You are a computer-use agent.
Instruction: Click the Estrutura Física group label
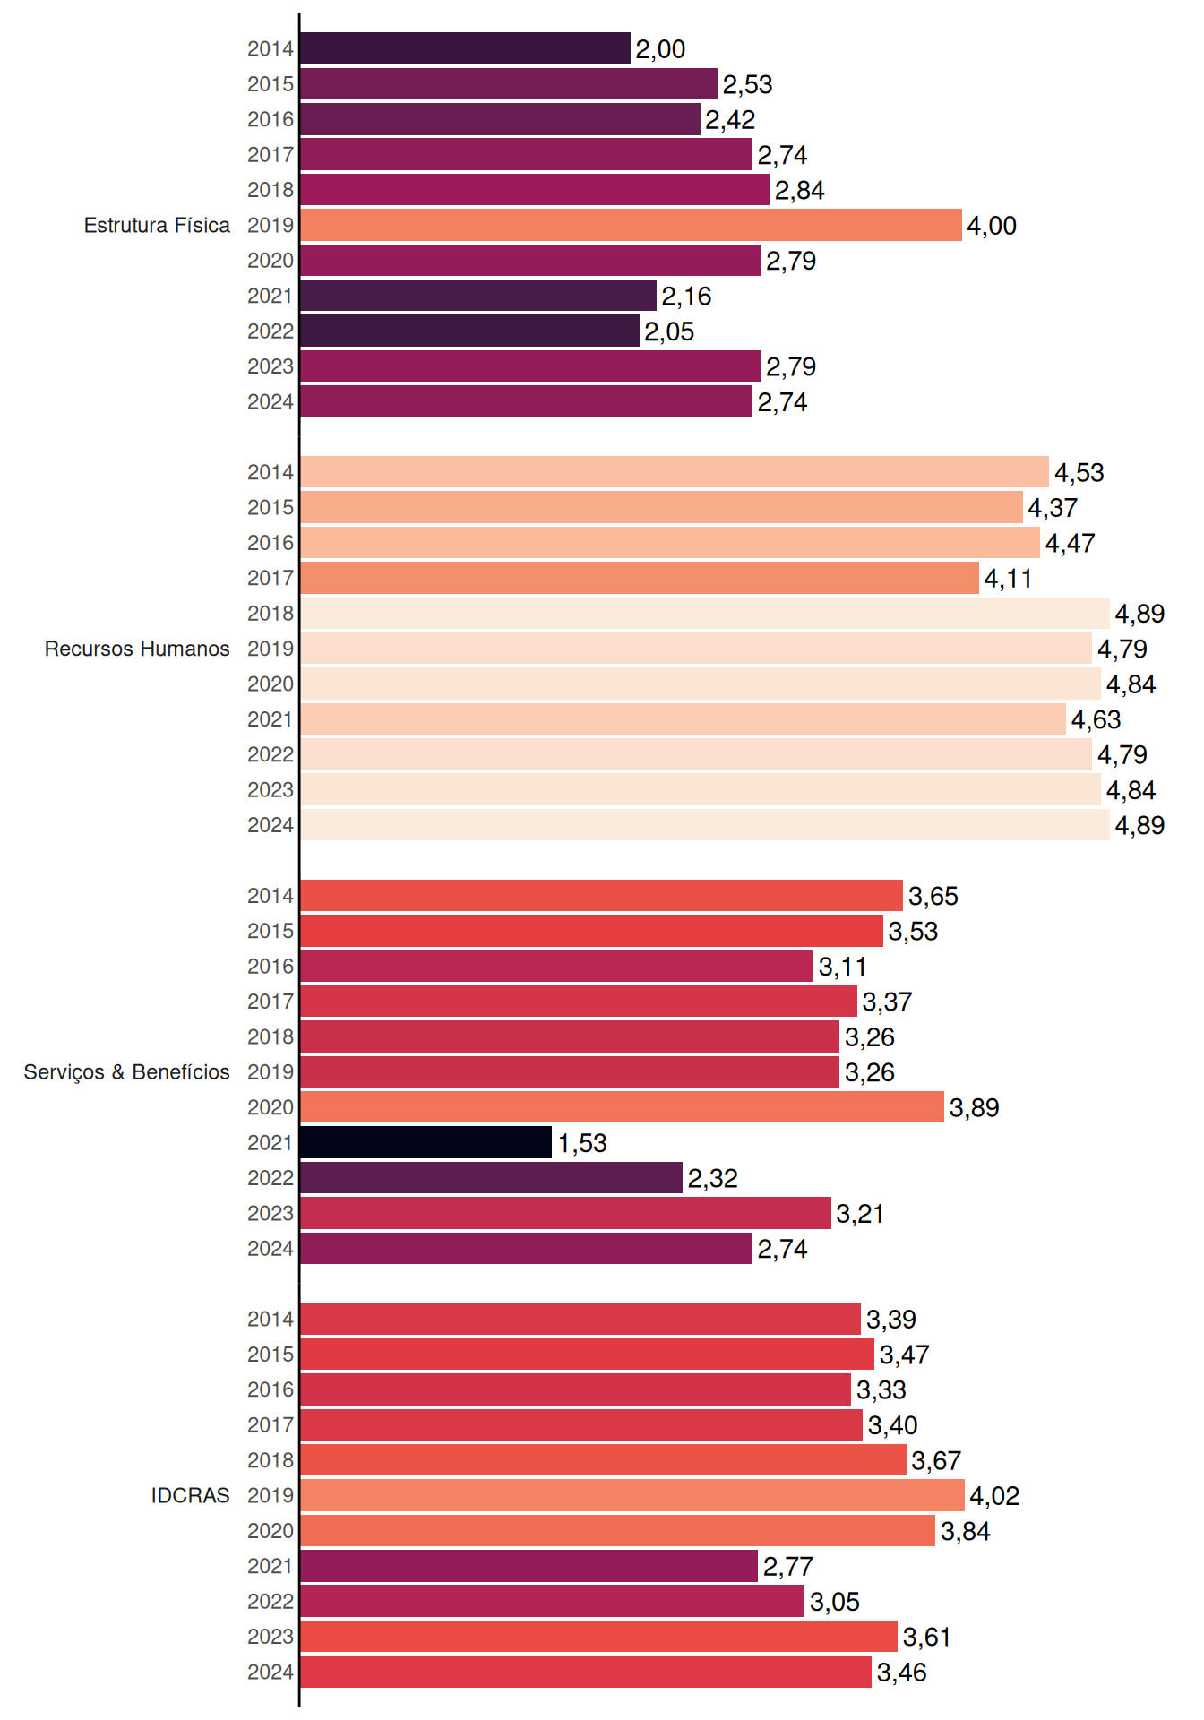(157, 225)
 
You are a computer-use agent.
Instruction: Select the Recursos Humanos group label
(137, 649)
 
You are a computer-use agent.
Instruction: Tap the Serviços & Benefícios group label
(126, 1072)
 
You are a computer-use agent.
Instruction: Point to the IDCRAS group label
(190, 1495)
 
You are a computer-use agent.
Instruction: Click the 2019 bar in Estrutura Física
(631, 225)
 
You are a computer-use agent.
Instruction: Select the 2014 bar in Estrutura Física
(465, 48)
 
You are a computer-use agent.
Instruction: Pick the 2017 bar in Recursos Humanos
(640, 578)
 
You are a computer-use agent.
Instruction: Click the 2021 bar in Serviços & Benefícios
(426, 1142)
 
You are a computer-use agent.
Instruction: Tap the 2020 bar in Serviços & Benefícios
(622, 1107)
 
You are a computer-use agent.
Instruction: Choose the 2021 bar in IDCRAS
(529, 1566)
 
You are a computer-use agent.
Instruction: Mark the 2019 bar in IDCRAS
(632, 1495)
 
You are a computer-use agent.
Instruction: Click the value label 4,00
(992, 226)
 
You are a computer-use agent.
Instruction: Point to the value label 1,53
(582, 1143)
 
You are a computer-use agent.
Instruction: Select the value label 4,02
(994, 1496)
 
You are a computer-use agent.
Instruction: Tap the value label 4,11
(1009, 579)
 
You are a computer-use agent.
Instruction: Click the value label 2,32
(713, 1178)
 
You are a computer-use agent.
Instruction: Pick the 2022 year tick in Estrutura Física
(271, 331)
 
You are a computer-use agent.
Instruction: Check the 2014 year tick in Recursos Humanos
(271, 472)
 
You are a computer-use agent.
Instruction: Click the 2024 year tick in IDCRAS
(271, 1672)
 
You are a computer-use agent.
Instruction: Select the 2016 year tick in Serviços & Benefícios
(271, 967)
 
